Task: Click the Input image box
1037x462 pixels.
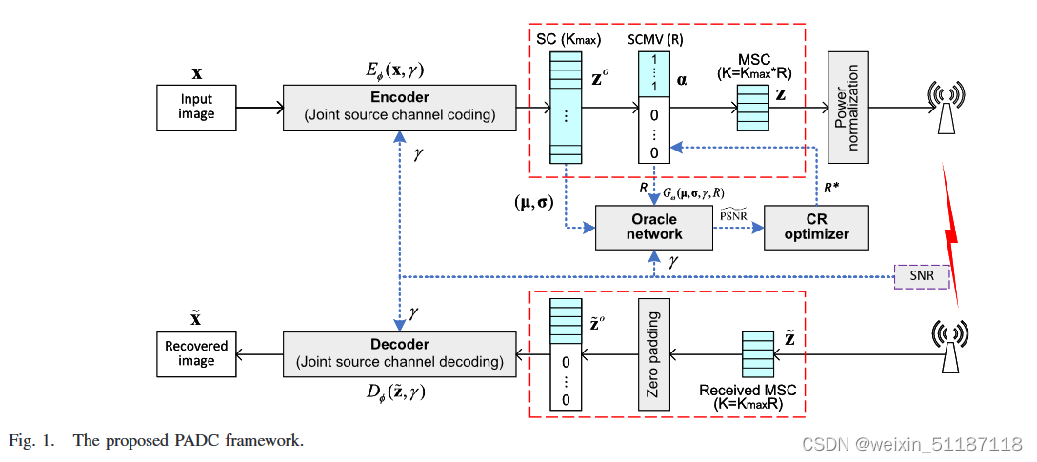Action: coord(196,107)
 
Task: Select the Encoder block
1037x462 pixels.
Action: coord(399,107)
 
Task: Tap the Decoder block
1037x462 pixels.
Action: coord(399,352)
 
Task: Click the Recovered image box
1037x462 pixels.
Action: coord(196,352)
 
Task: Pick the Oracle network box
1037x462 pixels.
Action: coord(652,227)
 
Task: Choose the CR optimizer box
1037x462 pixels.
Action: coord(818,227)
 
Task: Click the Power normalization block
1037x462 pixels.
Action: coord(847,107)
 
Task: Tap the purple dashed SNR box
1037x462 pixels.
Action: coord(922,276)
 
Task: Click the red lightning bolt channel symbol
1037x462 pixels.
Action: coord(951,229)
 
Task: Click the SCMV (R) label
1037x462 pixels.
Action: coord(654,38)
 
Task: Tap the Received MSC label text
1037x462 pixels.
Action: coord(748,391)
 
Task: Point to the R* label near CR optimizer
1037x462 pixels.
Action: coord(830,187)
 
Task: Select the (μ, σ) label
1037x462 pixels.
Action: coord(535,201)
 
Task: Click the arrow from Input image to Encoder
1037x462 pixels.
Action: coord(259,107)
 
